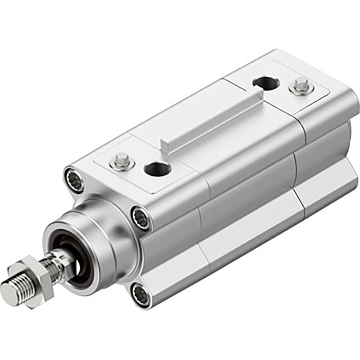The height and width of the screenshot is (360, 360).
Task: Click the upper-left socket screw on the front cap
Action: point(75,181)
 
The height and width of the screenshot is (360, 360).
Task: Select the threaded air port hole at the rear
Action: point(265,82)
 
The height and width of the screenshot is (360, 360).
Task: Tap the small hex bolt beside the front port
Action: point(122,161)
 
